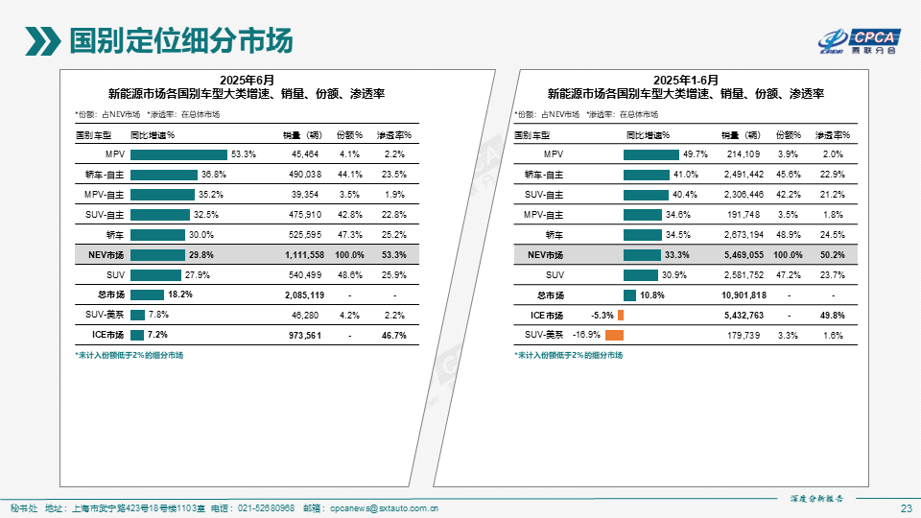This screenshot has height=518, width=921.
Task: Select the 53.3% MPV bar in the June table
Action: click(x=178, y=154)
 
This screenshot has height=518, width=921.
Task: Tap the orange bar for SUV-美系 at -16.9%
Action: click(x=615, y=335)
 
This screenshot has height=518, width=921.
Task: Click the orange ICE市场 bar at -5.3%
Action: click(x=621, y=315)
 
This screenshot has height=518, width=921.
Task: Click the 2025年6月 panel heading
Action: click(x=247, y=79)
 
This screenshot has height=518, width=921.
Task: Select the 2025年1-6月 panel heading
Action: click(x=686, y=79)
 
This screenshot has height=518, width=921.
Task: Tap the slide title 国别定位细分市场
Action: click(x=182, y=41)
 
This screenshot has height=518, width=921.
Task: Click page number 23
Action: click(x=907, y=507)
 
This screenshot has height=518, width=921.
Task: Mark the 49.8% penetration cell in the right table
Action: click(x=833, y=315)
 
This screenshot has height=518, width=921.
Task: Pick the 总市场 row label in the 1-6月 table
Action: click(x=551, y=294)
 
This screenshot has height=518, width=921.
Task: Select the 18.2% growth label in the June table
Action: click(x=180, y=295)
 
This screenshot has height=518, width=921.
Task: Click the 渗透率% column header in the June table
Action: click(x=393, y=135)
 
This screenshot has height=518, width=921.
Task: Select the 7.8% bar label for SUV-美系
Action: click(x=158, y=315)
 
